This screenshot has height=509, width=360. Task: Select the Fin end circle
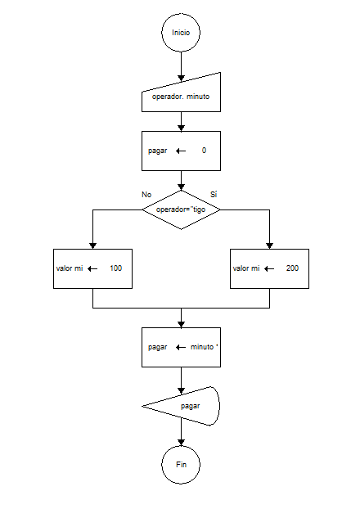point(181,465)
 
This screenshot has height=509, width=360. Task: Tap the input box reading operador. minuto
point(181,97)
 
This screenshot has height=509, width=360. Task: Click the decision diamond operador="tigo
point(181,209)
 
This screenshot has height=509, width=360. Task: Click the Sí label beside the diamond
point(214,194)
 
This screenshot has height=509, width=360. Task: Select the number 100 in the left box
point(115,268)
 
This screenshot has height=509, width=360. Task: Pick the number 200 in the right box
point(292,268)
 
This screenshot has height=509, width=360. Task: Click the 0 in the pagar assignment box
point(204,151)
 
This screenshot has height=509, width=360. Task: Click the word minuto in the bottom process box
point(203,347)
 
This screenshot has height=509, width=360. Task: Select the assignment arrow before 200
point(269,268)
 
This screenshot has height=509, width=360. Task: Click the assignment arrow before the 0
point(181,151)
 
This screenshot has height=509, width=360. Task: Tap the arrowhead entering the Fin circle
point(181,441)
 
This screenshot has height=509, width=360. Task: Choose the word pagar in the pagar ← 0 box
point(158,151)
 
